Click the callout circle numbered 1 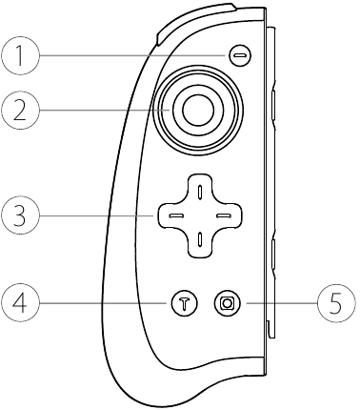pos(20,56)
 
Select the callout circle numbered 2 pos(20,111)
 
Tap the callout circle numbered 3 pos(20,215)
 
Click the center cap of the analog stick pos(198,111)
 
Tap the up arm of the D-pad pos(198,192)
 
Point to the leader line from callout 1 pos(133,56)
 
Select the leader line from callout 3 pos(95,215)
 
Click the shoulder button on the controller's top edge pos(190,20)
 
